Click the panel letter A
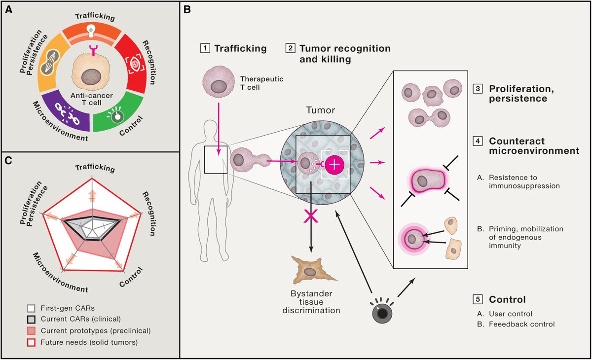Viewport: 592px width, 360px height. pyautogui.click(x=9, y=10)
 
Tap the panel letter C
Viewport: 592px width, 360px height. pyautogui.click(x=8, y=161)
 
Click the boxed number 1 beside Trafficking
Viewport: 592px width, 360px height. pyautogui.click(x=205, y=48)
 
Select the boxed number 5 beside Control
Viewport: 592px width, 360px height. pyautogui.click(x=478, y=299)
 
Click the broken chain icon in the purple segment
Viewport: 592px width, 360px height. pyautogui.click(x=67, y=114)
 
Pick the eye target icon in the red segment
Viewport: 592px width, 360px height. pyautogui.click(x=135, y=64)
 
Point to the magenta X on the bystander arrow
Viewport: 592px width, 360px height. pyautogui.click(x=310, y=216)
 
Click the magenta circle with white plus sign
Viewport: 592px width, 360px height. pyautogui.click(x=334, y=165)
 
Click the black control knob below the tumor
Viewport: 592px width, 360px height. pyautogui.click(x=382, y=313)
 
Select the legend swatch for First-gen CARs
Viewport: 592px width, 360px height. pyautogui.click(x=31, y=308)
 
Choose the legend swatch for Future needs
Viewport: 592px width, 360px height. pyautogui.click(x=31, y=343)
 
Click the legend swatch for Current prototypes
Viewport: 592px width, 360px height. pyautogui.click(x=31, y=331)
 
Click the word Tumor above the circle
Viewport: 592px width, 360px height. pyautogui.click(x=321, y=110)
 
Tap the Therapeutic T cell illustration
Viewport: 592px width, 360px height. pyautogui.click(x=219, y=82)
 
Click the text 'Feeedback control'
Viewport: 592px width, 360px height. pyautogui.click(x=522, y=324)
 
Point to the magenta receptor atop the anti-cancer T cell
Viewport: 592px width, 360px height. pyautogui.click(x=93, y=50)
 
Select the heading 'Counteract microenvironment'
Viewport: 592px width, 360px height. pyautogui.click(x=534, y=146)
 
